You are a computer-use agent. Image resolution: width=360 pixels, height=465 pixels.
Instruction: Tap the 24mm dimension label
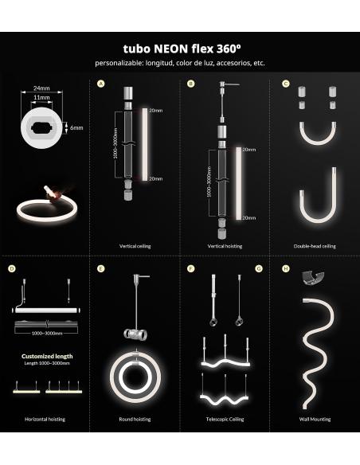click(x=42, y=89)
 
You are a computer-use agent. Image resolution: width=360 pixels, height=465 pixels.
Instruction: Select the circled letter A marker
click(x=101, y=84)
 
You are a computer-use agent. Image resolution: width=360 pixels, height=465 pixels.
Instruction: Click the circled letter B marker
click(x=190, y=84)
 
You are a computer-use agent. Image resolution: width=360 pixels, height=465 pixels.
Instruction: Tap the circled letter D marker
click(x=12, y=269)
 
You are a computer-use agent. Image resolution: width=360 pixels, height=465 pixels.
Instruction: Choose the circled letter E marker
click(x=101, y=269)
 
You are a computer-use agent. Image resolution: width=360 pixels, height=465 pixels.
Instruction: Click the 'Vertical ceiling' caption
click(x=135, y=246)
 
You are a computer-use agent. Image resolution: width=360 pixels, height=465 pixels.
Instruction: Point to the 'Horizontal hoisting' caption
click(x=45, y=419)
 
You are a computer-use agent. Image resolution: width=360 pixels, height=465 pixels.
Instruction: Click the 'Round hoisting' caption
click(x=135, y=419)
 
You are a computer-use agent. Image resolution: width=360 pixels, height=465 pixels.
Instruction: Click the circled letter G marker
click(x=259, y=269)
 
